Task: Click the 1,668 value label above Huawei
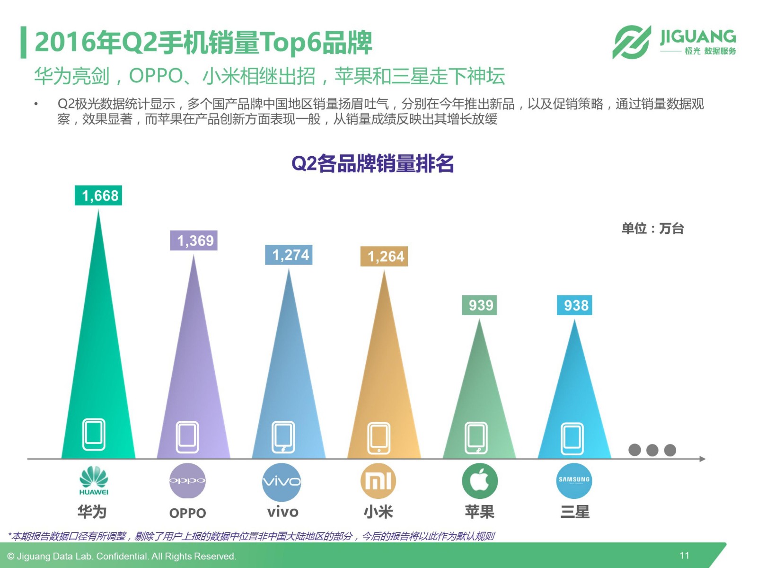pyautogui.click(x=98, y=195)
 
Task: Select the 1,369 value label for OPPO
pyautogui.click(x=194, y=240)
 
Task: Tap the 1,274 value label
pyautogui.click(x=289, y=255)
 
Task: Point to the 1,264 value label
pyautogui.click(x=384, y=257)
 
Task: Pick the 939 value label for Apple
pyautogui.click(x=480, y=305)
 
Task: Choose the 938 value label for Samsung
pyautogui.click(x=575, y=305)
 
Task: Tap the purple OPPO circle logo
pyautogui.click(x=187, y=481)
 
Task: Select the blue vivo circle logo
pyautogui.click(x=282, y=482)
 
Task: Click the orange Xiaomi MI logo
pyautogui.click(x=378, y=481)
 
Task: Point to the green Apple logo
pyautogui.click(x=480, y=481)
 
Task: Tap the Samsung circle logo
pyautogui.click(x=574, y=480)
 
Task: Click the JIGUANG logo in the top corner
pyautogui.click(x=674, y=42)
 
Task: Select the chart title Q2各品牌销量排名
pyautogui.click(x=372, y=164)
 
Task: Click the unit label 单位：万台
pyautogui.click(x=652, y=229)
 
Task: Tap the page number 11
pyautogui.click(x=684, y=555)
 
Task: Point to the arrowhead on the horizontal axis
pyautogui.click(x=702, y=459)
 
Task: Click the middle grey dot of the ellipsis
pyautogui.click(x=652, y=450)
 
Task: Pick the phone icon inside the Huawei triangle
pyautogui.click(x=94, y=434)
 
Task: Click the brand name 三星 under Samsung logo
pyautogui.click(x=575, y=512)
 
